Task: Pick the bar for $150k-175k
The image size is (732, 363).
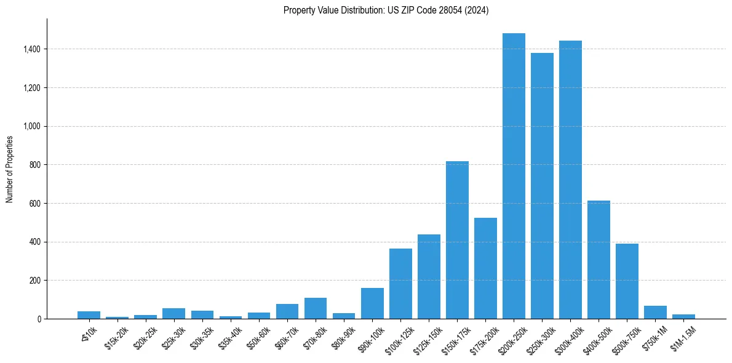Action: (x=457, y=240)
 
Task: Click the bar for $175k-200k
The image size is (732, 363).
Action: (x=485, y=268)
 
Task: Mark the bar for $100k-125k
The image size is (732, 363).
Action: (x=400, y=284)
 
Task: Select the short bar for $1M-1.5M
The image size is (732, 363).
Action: (x=683, y=316)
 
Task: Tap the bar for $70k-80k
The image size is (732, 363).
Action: (x=316, y=308)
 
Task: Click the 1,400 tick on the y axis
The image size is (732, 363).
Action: (x=32, y=49)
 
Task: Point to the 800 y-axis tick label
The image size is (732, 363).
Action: (x=35, y=165)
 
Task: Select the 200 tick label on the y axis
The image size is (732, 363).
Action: (x=35, y=281)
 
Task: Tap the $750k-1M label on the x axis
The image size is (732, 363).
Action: (x=654, y=335)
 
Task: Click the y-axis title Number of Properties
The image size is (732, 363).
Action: (x=10, y=169)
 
